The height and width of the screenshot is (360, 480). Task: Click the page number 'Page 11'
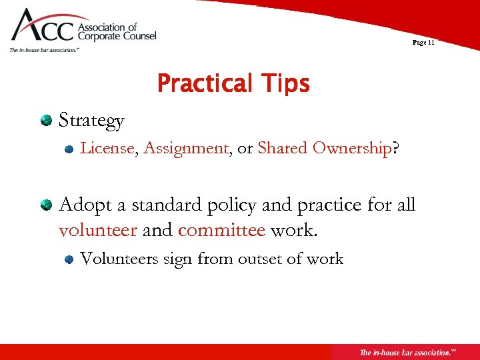click(423, 42)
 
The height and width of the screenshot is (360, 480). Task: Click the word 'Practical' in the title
click(201, 85)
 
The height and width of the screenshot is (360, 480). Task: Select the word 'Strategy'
click(91, 121)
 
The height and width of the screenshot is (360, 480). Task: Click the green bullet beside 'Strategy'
click(46, 121)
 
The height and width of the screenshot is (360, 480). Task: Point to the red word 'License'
click(107, 148)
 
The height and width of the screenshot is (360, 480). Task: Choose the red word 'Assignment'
click(186, 148)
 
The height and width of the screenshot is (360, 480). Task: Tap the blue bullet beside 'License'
click(69, 149)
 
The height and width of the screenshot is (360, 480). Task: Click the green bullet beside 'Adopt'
click(46, 205)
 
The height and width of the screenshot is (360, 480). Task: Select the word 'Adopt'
click(84, 205)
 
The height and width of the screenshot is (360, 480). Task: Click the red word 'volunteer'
click(98, 231)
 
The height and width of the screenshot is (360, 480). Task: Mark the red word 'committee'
click(221, 231)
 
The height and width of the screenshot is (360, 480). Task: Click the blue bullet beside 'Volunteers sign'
click(69, 260)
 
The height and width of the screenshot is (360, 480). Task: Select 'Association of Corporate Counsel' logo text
click(117, 32)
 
